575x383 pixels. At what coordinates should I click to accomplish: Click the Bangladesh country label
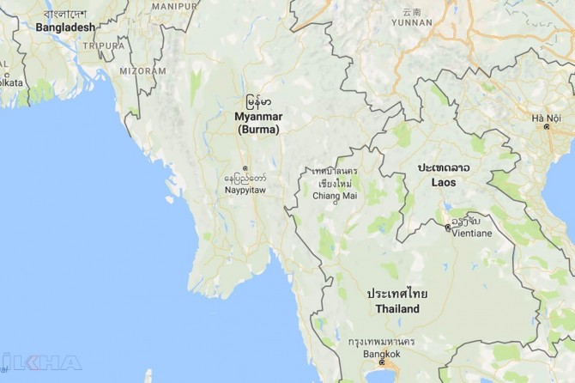pyautogui.click(x=65, y=27)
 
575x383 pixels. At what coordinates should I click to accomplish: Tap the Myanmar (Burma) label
pyautogui.click(x=258, y=122)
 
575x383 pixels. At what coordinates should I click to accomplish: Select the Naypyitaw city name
pyautogui.click(x=245, y=190)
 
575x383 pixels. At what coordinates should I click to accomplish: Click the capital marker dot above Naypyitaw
pyautogui.click(x=245, y=168)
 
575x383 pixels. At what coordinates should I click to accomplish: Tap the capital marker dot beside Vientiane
pyautogui.click(x=447, y=228)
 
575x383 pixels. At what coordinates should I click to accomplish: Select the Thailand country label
pyautogui.click(x=396, y=308)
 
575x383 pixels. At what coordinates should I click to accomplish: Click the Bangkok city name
pyautogui.click(x=381, y=353)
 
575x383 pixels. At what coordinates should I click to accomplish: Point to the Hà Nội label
pyautogui.click(x=546, y=118)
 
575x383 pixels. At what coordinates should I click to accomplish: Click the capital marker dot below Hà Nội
pyautogui.click(x=547, y=128)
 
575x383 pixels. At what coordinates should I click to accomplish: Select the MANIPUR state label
pyautogui.click(x=173, y=5)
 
